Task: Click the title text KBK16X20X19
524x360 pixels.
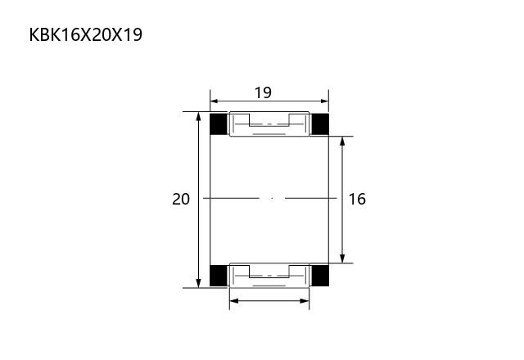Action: pyautogui.click(x=86, y=34)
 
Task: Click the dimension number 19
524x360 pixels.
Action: pyautogui.click(x=263, y=92)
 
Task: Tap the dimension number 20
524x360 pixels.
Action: pyautogui.click(x=181, y=199)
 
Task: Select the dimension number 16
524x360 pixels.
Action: pyautogui.click(x=357, y=199)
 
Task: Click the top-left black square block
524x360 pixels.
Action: pyautogui.click(x=219, y=124)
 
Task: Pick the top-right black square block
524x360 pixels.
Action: pyautogui.click(x=320, y=124)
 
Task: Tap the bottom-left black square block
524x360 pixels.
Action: pyautogui.click(x=219, y=276)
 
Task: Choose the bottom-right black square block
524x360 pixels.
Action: pyautogui.click(x=320, y=276)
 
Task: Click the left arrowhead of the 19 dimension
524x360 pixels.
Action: pyautogui.click(x=215, y=101)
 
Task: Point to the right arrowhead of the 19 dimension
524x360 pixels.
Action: pyautogui.click(x=325, y=101)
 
